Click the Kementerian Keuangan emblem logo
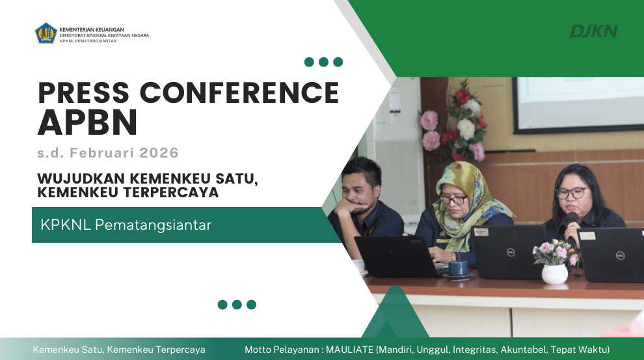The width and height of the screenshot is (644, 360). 46,33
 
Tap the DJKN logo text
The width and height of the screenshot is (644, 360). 593,31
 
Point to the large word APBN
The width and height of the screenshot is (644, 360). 88,122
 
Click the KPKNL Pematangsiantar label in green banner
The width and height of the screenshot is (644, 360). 126,225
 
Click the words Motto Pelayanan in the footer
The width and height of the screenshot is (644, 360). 281,350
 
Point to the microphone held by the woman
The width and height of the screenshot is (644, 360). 572,219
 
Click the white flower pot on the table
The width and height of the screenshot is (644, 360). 554,273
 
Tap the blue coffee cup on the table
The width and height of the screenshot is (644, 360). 459,268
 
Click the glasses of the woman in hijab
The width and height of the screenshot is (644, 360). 453,199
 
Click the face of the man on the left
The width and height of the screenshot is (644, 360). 361,189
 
